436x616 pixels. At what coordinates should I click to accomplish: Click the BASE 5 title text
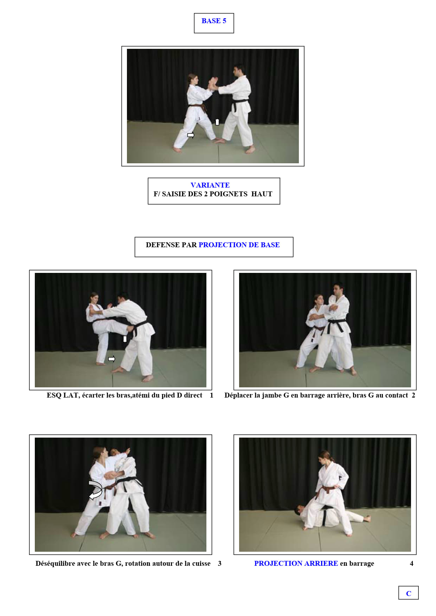click(214, 21)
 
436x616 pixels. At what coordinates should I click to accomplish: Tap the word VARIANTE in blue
click(210, 185)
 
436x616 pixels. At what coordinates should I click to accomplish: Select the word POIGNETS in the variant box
click(229, 194)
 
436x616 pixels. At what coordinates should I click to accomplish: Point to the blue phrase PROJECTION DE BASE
click(239, 245)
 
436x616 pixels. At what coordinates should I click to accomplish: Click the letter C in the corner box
click(409, 594)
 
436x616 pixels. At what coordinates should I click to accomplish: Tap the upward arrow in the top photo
click(217, 122)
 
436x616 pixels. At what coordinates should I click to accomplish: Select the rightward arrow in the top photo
click(191, 135)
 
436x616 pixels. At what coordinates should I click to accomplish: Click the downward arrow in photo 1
click(125, 339)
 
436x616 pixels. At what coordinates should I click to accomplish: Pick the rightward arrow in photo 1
click(111, 359)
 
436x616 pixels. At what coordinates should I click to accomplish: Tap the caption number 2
click(413, 395)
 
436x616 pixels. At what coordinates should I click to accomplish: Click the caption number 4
click(412, 564)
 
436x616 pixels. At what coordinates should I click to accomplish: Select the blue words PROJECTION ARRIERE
click(296, 564)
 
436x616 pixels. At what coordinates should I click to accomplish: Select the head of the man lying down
click(299, 510)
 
